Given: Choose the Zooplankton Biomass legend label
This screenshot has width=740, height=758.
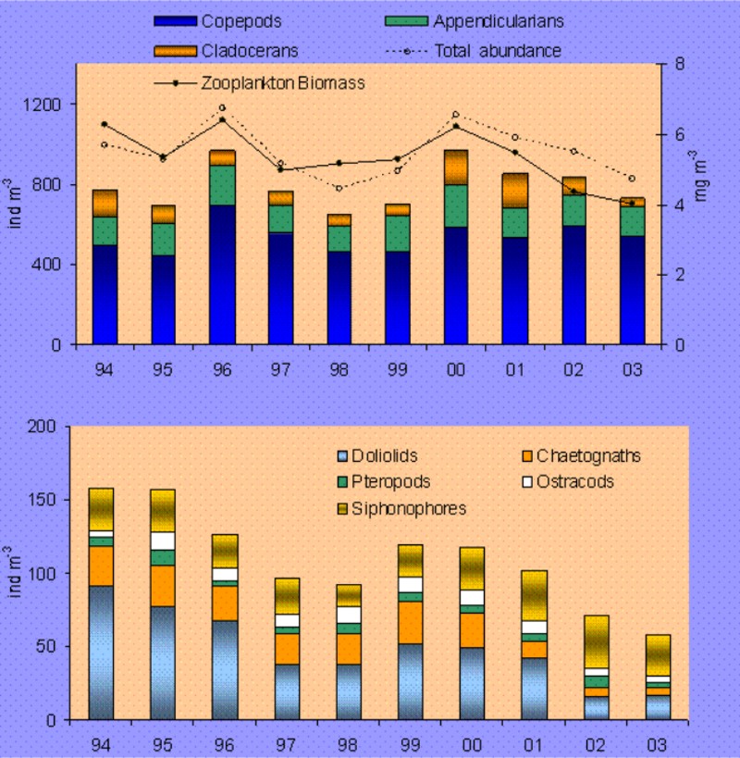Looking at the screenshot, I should [x=282, y=82].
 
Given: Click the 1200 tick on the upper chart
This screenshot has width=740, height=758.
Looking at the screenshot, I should [x=42, y=105].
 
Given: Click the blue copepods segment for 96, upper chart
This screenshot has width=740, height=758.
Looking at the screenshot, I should [x=221, y=274].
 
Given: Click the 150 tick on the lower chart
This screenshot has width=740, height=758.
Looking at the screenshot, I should [x=49, y=500].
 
